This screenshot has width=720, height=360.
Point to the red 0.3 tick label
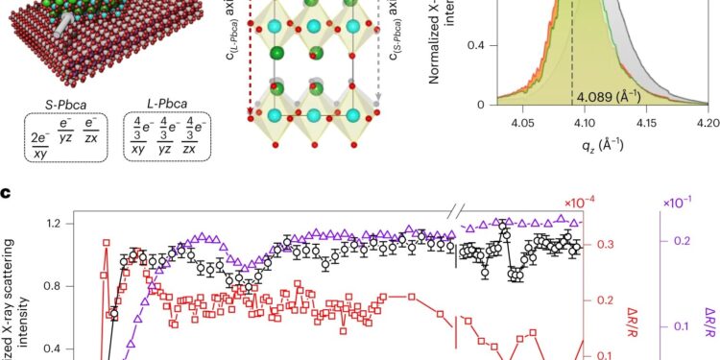[x=606, y=246]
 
